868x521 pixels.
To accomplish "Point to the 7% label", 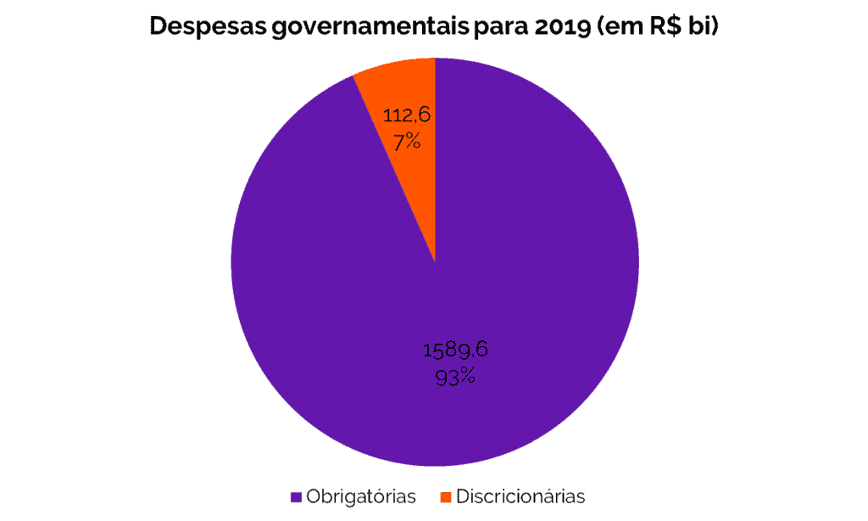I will click(406, 142).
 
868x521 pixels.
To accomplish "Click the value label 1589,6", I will click(455, 350).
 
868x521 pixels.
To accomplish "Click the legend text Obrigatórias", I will click(362, 496).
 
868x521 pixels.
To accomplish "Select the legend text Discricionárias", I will click(520, 496).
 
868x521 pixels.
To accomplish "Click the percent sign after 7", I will click(412, 142).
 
